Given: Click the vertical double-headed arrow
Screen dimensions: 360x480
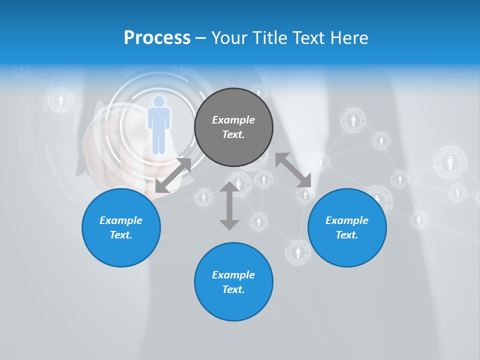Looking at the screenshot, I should (229, 205).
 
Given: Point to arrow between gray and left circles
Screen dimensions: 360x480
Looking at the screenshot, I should (173, 175).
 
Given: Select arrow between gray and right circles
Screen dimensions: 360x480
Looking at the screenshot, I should (293, 170).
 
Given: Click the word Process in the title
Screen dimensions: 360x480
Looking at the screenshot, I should (157, 37).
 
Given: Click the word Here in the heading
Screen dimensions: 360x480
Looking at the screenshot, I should (349, 37).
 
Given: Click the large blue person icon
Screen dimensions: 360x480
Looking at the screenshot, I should (158, 125).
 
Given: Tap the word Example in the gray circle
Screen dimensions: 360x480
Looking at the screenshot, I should (233, 120).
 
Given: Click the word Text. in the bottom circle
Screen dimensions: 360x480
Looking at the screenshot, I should (233, 289).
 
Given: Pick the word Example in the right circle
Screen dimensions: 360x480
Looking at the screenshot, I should (347, 220).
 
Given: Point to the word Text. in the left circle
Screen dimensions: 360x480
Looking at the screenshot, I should (121, 235).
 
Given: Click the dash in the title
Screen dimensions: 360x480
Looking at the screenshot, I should (201, 37).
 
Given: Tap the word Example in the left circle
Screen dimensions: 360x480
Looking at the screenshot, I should (121, 220).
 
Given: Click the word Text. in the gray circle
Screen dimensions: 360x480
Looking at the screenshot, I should (233, 134).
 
